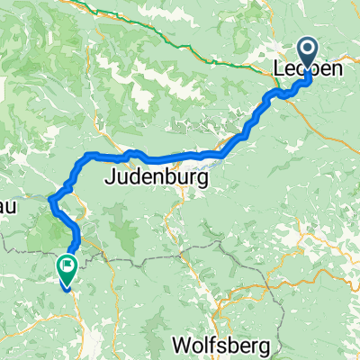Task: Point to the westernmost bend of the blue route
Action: coord(50,199)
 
